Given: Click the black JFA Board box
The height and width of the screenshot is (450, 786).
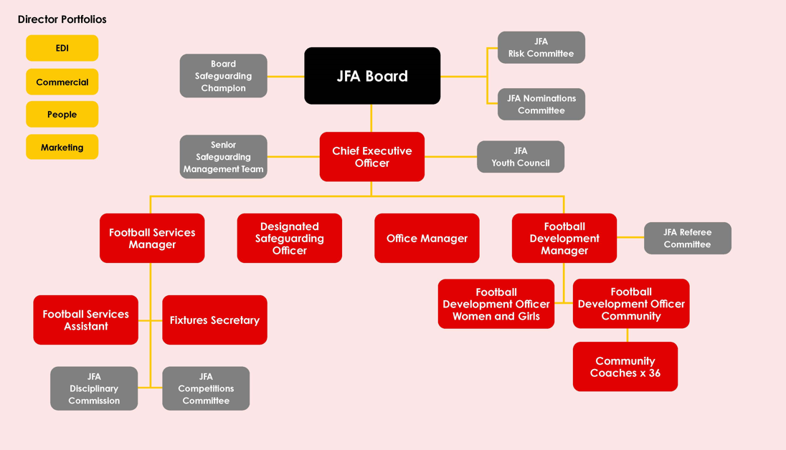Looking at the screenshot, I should (372, 76).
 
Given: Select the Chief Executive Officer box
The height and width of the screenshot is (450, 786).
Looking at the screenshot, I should (371, 157).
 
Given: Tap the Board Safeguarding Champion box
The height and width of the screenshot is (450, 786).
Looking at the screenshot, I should (223, 76).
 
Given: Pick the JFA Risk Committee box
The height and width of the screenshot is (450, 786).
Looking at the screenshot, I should (541, 47).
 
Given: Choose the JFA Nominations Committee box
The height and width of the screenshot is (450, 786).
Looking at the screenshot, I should (541, 105).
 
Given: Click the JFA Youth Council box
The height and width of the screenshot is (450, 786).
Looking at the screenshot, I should (520, 157).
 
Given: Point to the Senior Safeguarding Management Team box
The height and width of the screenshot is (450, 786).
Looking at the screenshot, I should (223, 157).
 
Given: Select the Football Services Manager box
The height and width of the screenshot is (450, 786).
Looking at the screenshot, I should (152, 239).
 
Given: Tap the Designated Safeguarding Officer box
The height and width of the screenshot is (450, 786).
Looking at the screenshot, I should (289, 239).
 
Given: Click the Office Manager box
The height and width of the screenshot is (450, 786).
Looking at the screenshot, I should (427, 239).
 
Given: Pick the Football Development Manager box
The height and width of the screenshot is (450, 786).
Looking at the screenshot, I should (564, 239).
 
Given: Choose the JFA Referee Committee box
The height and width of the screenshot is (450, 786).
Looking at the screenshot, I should (687, 239).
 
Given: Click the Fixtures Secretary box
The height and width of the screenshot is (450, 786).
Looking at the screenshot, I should (214, 320).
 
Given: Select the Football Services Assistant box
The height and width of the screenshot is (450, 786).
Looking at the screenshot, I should (85, 320).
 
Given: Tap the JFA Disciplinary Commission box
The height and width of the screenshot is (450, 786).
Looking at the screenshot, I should (94, 388).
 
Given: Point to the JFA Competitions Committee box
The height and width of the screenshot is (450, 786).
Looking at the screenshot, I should (206, 388).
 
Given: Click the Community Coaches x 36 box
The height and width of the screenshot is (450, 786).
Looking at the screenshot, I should (625, 367).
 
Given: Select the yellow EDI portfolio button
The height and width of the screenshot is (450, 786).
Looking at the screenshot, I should (62, 48).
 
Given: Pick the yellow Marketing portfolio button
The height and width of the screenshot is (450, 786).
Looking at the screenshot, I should (62, 148).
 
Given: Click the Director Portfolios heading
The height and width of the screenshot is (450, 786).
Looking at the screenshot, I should (62, 19).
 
